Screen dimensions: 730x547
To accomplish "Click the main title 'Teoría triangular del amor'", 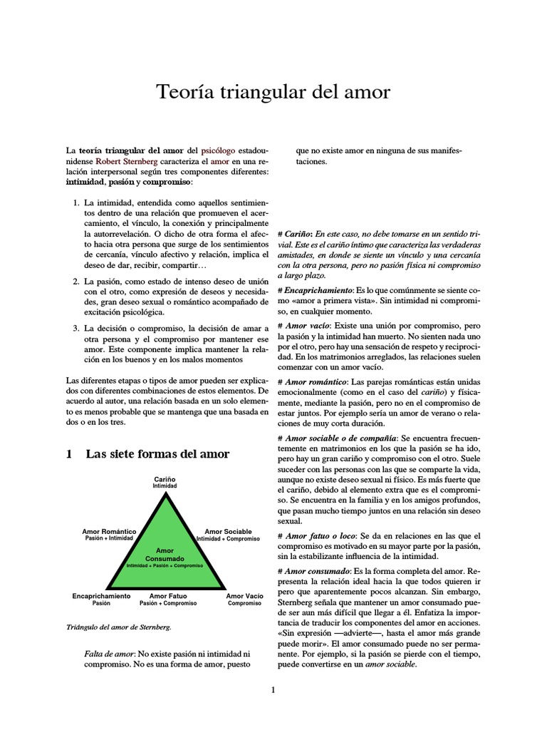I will tap(273, 93).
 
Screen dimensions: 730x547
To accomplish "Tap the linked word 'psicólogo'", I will tap(226, 151).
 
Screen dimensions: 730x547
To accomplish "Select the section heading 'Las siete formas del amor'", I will tap(157, 454).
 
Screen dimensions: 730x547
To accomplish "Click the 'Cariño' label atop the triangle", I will tap(165, 479).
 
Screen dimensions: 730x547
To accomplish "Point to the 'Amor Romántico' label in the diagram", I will tap(109, 532).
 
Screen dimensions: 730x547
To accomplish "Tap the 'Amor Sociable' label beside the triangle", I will tap(228, 532).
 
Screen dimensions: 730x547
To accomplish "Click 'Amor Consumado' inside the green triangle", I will tap(165, 555).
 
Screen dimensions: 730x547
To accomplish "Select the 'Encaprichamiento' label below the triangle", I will tap(101, 595).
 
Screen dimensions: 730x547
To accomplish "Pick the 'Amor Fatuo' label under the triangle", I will tap(168, 595).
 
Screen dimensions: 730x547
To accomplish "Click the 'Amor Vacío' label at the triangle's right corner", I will tap(244, 595).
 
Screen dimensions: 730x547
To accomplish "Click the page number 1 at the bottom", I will tap(273, 689).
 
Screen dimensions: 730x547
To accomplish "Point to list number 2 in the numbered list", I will tap(77, 282).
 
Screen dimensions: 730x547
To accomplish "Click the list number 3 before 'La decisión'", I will tap(77, 328).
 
